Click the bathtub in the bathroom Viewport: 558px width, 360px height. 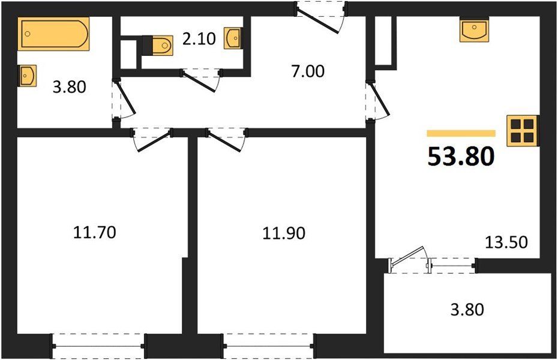pos(54,34)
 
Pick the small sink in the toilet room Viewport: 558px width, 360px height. pos(233,38)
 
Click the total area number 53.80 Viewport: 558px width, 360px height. pos(461,157)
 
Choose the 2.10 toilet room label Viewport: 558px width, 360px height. pos(197,40)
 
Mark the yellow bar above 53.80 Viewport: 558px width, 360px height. pos(461,133)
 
